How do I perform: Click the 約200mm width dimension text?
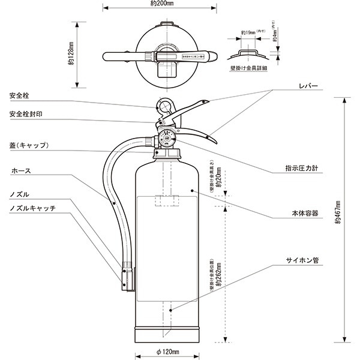(162, 4)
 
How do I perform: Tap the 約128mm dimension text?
(71, 55)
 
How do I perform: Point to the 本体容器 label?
(304, 213)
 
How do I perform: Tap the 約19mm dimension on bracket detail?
(248, 32)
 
